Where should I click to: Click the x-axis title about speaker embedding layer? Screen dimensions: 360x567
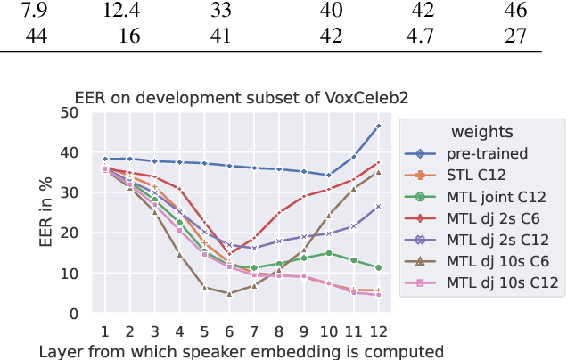point(241,351)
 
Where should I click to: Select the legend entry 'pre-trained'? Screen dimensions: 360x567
point(489,152)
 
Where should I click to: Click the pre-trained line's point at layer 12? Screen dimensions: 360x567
point(378,127)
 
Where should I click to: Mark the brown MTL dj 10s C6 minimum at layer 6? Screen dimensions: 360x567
point(229,294)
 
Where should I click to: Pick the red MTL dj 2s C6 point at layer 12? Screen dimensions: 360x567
point(378,163)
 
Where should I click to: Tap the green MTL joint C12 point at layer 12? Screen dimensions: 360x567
point(378,267)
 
